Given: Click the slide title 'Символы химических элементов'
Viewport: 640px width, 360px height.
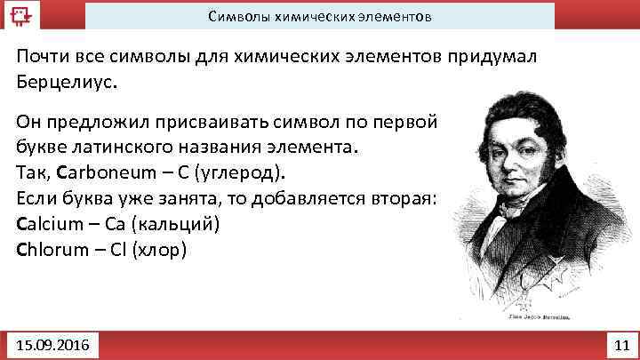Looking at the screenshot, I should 320,16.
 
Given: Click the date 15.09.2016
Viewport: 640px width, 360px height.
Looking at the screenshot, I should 52,342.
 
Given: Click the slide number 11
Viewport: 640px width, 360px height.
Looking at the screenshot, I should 620,342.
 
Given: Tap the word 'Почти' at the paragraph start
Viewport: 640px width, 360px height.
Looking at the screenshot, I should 41,57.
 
